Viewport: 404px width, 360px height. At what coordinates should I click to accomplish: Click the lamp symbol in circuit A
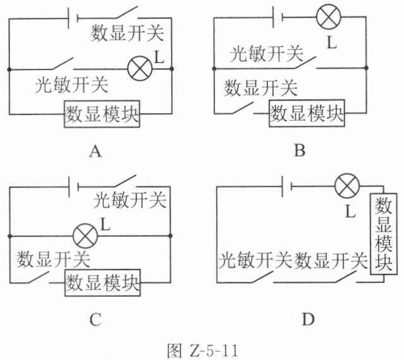click(140, 69)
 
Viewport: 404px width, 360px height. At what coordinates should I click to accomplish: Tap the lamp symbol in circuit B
click(329, 17)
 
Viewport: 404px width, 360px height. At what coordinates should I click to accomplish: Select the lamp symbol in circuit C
click(85, 236)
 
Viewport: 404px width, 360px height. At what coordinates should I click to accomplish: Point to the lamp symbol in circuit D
click(347, 186)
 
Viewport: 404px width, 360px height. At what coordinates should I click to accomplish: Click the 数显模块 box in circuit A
click(102, 114)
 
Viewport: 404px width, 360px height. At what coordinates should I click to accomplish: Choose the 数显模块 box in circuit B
click(307, 113)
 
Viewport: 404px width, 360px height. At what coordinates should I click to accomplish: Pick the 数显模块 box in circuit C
click(102, 282)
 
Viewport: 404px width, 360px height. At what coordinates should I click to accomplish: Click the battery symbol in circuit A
click(73, 18)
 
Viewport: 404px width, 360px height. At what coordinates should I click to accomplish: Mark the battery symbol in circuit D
click(287, 186)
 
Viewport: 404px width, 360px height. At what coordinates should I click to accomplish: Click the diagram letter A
click(95, 151)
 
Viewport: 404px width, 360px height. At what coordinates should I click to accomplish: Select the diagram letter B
click(300, 150)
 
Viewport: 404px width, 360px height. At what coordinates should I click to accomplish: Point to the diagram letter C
click(95, 320)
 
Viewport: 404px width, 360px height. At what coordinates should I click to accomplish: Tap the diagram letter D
click(308, 320)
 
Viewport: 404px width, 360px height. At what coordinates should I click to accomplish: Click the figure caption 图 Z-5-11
click(202, 350)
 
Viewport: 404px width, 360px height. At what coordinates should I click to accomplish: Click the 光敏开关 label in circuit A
click(71, 85)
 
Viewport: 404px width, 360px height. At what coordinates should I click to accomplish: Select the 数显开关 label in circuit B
click(260, 88)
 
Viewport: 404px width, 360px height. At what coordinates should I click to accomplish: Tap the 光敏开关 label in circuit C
click(130, 200)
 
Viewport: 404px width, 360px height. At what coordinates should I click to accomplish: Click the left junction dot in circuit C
click(9, 236)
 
